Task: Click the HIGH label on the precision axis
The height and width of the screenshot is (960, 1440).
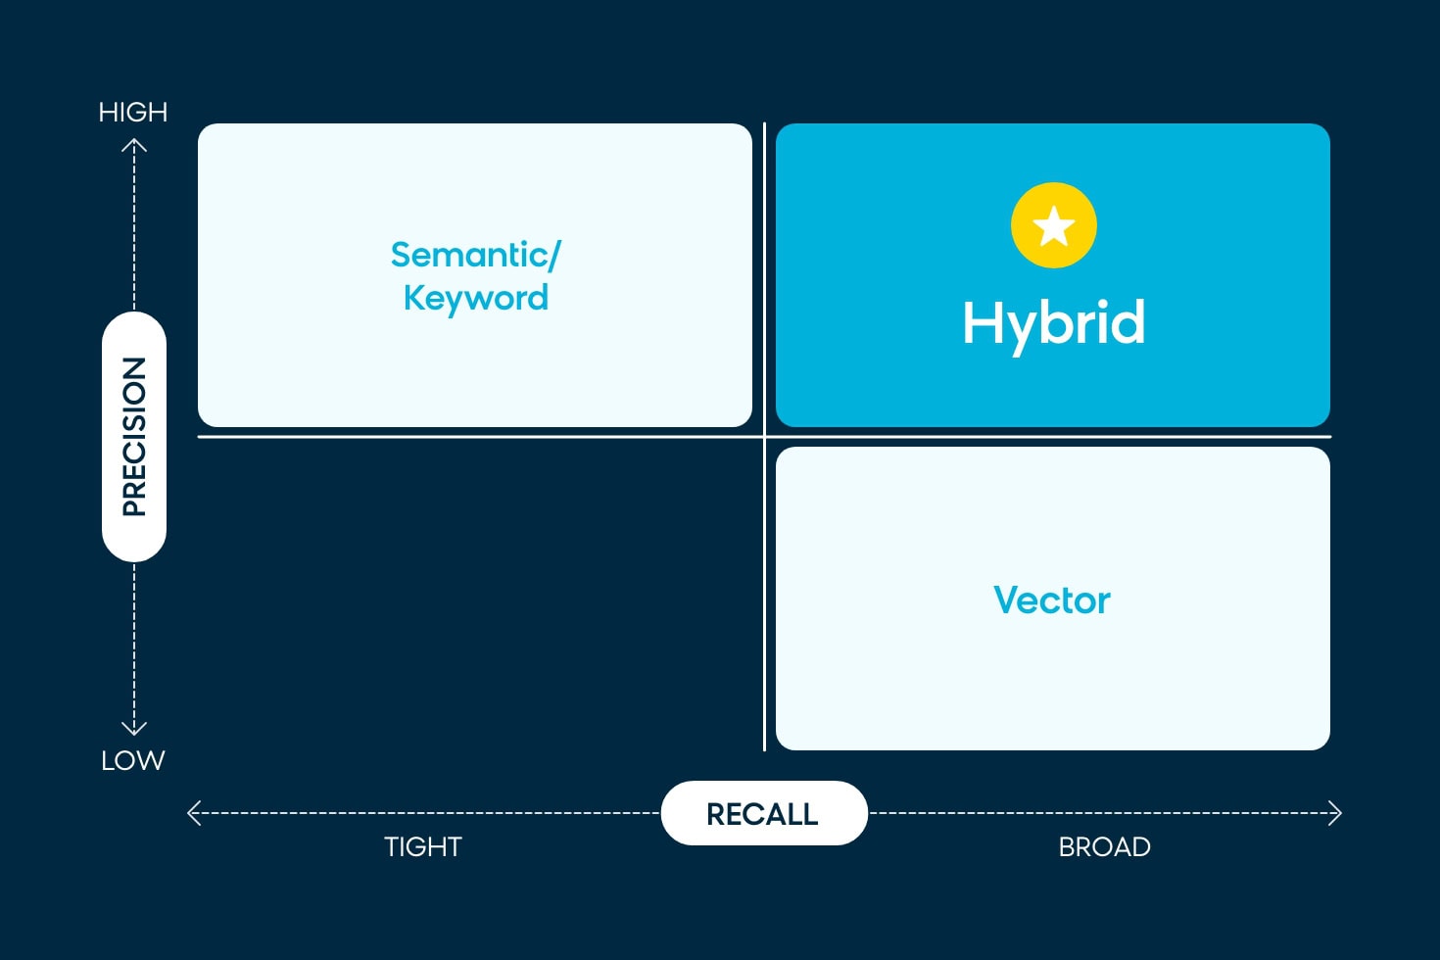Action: click(x=133, y=113)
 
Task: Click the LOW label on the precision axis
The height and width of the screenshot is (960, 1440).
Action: click(x=133, y=760)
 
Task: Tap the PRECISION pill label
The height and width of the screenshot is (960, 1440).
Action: click(x=134, y=437)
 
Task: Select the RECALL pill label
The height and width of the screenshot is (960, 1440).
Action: click(x=763, y=814)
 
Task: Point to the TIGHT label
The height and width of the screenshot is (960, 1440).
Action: click(x=422, y=846)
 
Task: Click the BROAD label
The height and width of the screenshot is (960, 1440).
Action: click(x=1104, y=846)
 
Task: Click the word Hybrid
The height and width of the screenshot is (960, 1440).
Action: click(x=1053, y=323)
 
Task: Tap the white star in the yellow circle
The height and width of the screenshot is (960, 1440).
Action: click(x=1054, y=226)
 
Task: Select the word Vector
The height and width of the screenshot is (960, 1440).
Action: click(x=1052, y=600)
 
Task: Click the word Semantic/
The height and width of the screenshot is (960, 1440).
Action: click(x=475, y=255)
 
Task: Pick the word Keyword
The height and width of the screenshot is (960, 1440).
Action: click(x=475, y=298)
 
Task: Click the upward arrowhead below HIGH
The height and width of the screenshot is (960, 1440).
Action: click(x=134, y=145)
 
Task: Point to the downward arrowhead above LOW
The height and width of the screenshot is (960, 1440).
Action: click(x=134, y=729)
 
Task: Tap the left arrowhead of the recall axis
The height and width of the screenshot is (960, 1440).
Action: click(x=193, y=813)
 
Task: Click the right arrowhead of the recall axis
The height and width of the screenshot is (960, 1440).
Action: click(x=1335, y=813)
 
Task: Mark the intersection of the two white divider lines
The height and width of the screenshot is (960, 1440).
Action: click(x=764, y=437)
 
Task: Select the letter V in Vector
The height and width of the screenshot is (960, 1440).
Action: click(x=1007, y=600)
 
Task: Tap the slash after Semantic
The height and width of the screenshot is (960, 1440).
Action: click(x=554, y=255)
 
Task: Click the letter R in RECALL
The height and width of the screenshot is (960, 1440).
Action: click(x=716, y=814)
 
